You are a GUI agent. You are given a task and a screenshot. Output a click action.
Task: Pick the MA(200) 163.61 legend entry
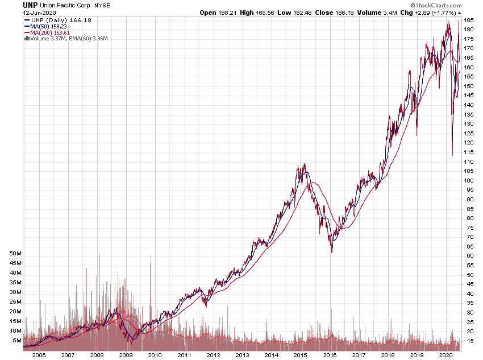pos(52,32)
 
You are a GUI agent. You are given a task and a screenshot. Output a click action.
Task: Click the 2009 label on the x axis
pos(126,354)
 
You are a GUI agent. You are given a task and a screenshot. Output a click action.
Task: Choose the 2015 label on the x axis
pos(300,354)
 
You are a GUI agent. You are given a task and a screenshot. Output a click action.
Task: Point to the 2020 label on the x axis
pos(445,354)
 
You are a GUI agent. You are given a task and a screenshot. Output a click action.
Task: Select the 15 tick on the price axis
pos(469,341)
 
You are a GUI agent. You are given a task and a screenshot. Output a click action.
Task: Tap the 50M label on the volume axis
pos(15,253)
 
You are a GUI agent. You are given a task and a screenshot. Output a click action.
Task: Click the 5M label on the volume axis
pos(16,341)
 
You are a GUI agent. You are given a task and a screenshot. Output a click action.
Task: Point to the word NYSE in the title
pos(102,5)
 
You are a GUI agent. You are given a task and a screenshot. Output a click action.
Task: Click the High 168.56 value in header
pos(256,12)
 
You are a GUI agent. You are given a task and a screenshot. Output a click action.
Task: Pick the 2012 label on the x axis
pos(213,354)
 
